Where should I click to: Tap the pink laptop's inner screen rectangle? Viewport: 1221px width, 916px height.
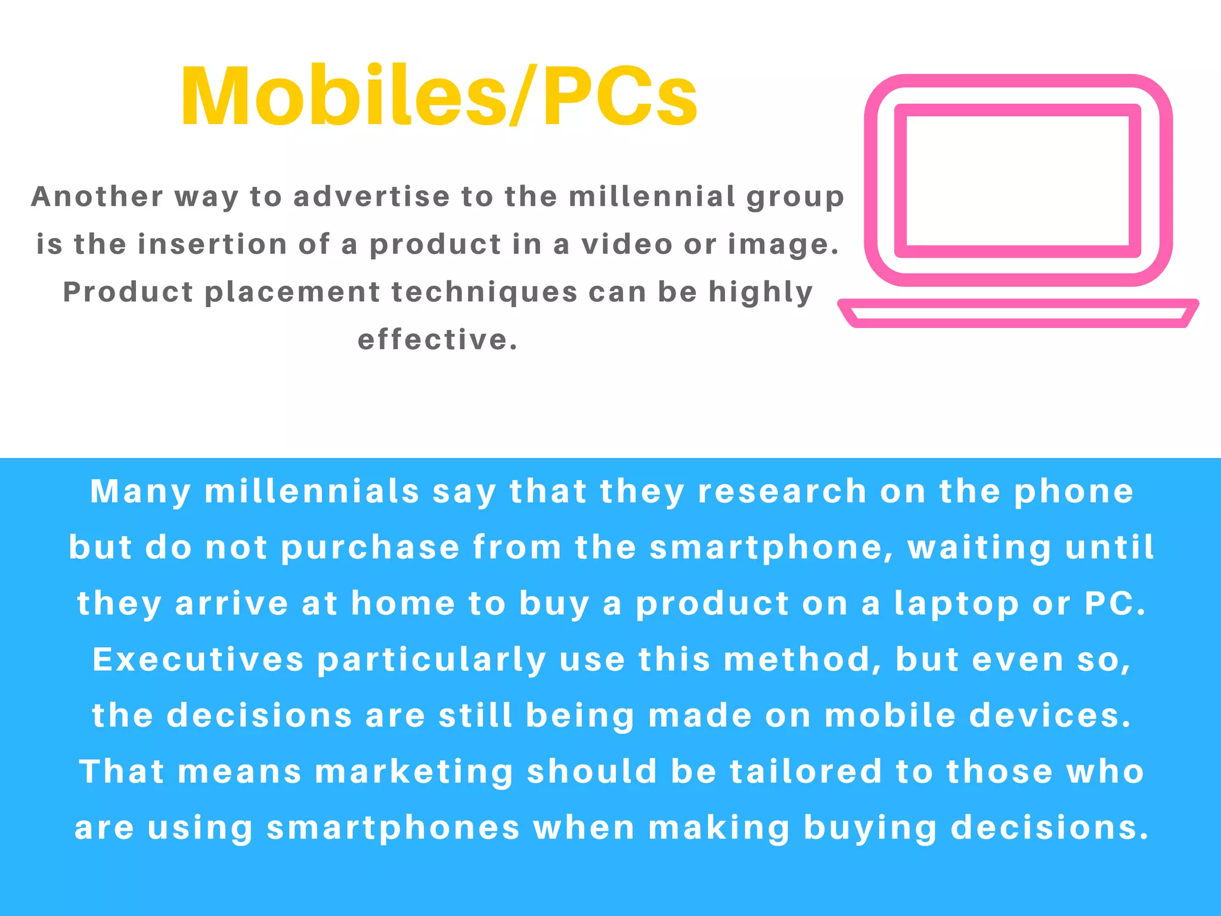click(1017, 181)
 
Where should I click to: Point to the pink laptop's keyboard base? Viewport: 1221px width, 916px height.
click(1018, 313)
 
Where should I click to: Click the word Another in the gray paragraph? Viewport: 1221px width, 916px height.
click(97, 197)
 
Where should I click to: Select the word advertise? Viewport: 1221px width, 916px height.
click(371, 197)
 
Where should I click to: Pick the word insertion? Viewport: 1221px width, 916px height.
click(213, 245)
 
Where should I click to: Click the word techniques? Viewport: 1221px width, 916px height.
click(485, 292)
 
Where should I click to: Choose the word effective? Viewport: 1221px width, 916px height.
click(438, 340)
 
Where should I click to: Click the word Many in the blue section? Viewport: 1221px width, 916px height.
click(141, 493)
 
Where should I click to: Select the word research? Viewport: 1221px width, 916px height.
click(782, 492)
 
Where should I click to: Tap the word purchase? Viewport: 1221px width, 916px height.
click(370, 548)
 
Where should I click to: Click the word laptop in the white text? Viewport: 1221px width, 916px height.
click(957, 604)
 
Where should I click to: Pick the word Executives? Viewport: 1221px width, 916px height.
click(199, 660)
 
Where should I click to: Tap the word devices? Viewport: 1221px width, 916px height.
click(1050, 716)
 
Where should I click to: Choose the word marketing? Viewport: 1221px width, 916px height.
click(414, 772)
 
